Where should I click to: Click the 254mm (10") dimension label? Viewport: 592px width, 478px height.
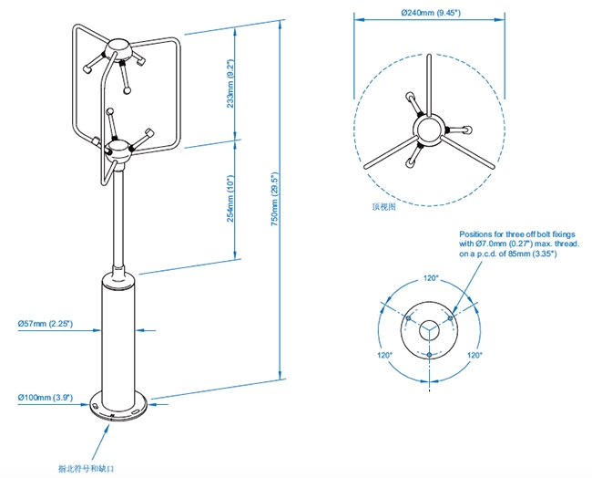[x=231, y=200]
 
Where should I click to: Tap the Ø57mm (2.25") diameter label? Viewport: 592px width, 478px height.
[x=45, y=323]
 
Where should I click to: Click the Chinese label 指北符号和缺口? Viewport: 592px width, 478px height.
[x=87, y=468]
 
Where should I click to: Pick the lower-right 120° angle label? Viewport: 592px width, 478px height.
[x=475, y=354]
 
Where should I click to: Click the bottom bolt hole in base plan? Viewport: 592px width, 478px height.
[x=430, y=354]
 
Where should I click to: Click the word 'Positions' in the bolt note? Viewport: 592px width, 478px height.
[x=476, y=234]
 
